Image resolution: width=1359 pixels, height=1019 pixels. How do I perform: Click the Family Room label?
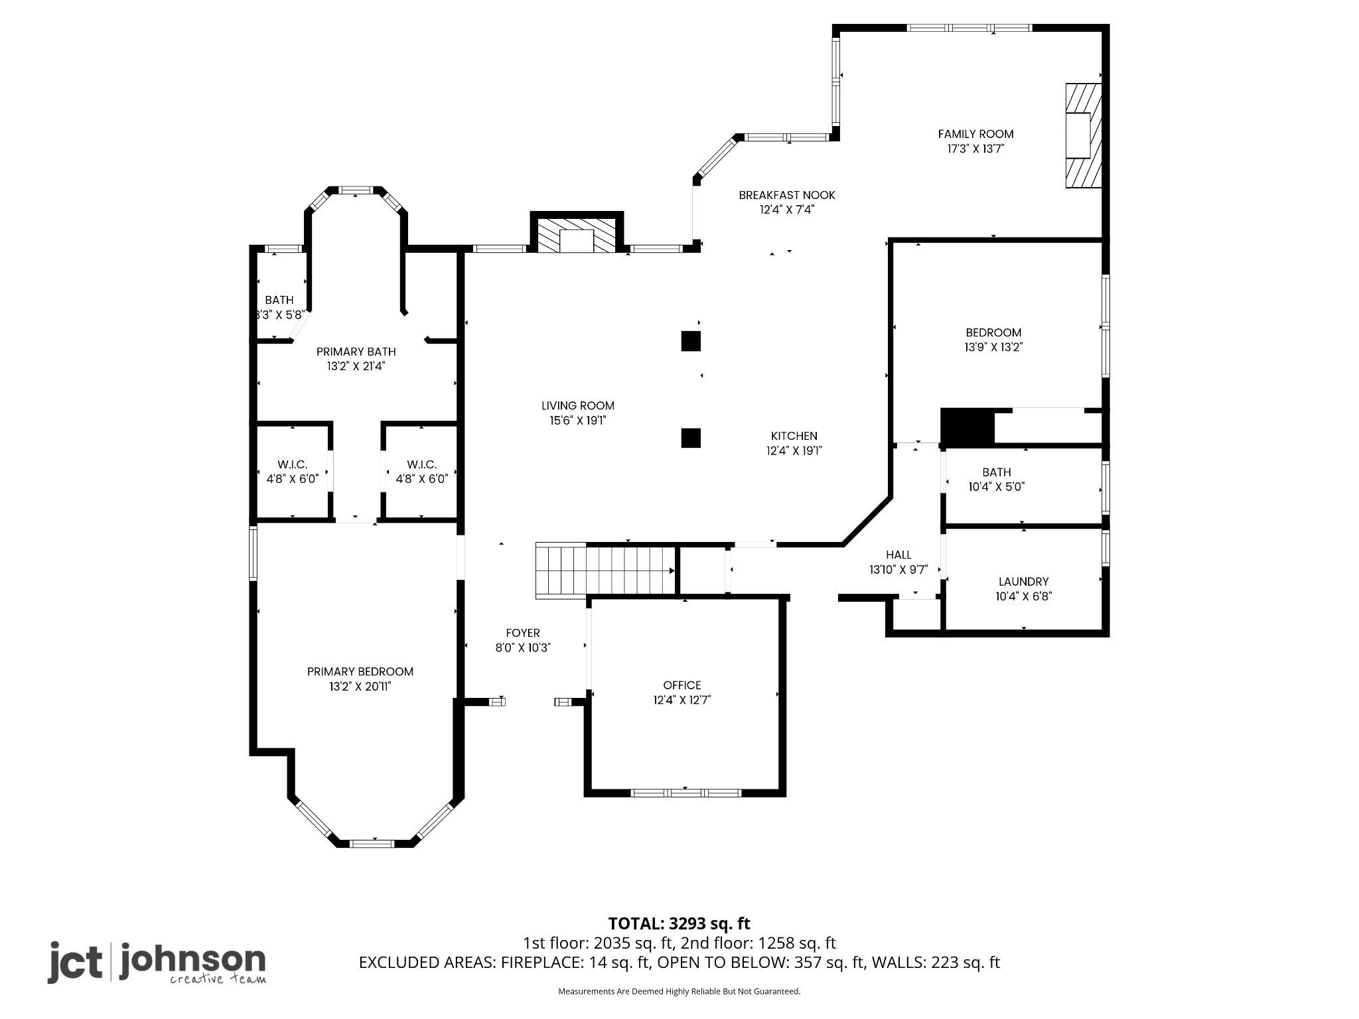click(x=975, y=134)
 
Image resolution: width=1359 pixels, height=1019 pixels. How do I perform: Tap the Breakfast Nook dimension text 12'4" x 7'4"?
click(x=787, y=210)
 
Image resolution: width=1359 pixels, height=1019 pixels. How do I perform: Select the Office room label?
click(x=682, y=685)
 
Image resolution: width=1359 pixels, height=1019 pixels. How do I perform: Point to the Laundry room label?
click(x=1023, y=582)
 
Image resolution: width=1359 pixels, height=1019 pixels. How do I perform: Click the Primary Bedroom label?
click(x=360, y=672)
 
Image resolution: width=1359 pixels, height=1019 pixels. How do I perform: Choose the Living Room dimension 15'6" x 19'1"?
click(x=578, y=420)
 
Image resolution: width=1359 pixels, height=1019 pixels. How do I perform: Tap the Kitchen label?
click(x=794, y=436)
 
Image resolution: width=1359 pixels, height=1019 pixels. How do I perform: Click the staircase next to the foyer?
click(x=605, y=571)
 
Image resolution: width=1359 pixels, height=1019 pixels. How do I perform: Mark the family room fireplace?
click(x=1084, y=135)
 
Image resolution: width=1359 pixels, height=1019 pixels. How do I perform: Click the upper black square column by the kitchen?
click(x=691, y=341)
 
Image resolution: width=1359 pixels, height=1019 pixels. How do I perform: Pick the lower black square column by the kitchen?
click(x=691, y=438)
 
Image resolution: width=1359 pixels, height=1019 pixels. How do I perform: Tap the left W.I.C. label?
click(x=293, y=464)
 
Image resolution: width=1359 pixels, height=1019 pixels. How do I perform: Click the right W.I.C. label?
click(x=422, y=464)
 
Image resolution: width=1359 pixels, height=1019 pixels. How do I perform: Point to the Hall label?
click(x=898, y=555)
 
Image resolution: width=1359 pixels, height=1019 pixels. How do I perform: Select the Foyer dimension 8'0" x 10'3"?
click(x=523, y=647)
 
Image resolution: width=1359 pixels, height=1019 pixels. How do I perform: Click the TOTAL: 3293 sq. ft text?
click(x=679, y=923)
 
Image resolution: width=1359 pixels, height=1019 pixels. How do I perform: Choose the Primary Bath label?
click(x=356, y=352)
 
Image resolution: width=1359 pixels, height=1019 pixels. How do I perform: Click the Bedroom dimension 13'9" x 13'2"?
click(x=993, y=347)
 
